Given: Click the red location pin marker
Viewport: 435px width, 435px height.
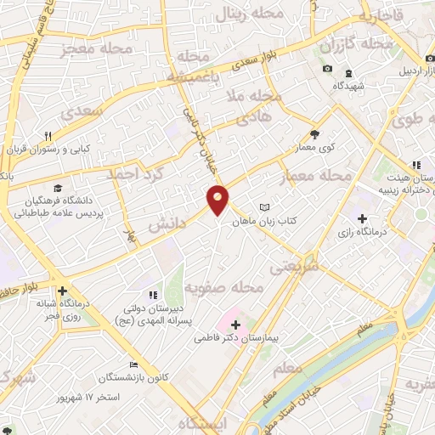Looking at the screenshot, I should click(x=218, y=200).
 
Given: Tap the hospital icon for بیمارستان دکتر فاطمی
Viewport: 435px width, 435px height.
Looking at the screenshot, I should click(x=235, y=324).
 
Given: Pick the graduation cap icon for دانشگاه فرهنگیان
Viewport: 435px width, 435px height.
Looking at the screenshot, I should click(x=57, y=188).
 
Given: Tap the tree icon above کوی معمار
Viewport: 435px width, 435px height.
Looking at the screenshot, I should click(x=314, y=133).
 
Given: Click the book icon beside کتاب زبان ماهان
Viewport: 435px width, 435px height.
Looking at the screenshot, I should click(x=264, y=207).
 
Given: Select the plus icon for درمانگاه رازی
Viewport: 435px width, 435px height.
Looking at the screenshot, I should click(x=363, y=218).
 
